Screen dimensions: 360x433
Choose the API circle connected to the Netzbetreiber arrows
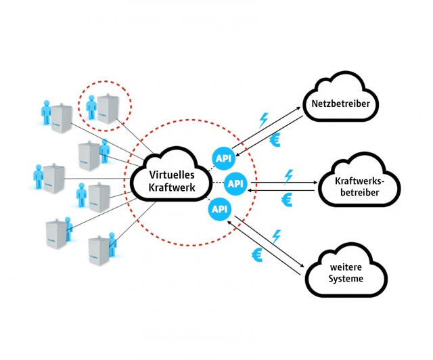click(223, 158)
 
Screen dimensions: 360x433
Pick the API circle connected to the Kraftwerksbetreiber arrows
click(235, 183)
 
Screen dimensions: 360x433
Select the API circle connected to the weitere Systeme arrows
click(219, 209)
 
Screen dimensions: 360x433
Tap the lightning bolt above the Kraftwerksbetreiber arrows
click(289, 175)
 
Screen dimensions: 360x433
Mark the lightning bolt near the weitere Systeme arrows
click(276, 235)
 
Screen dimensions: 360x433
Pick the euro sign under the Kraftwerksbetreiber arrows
click(287, 200)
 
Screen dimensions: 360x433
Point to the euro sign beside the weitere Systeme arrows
click(258, 255)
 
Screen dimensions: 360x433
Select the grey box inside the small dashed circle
click(108, 107)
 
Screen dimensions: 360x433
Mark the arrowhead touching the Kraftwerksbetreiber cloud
click(315, 182)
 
